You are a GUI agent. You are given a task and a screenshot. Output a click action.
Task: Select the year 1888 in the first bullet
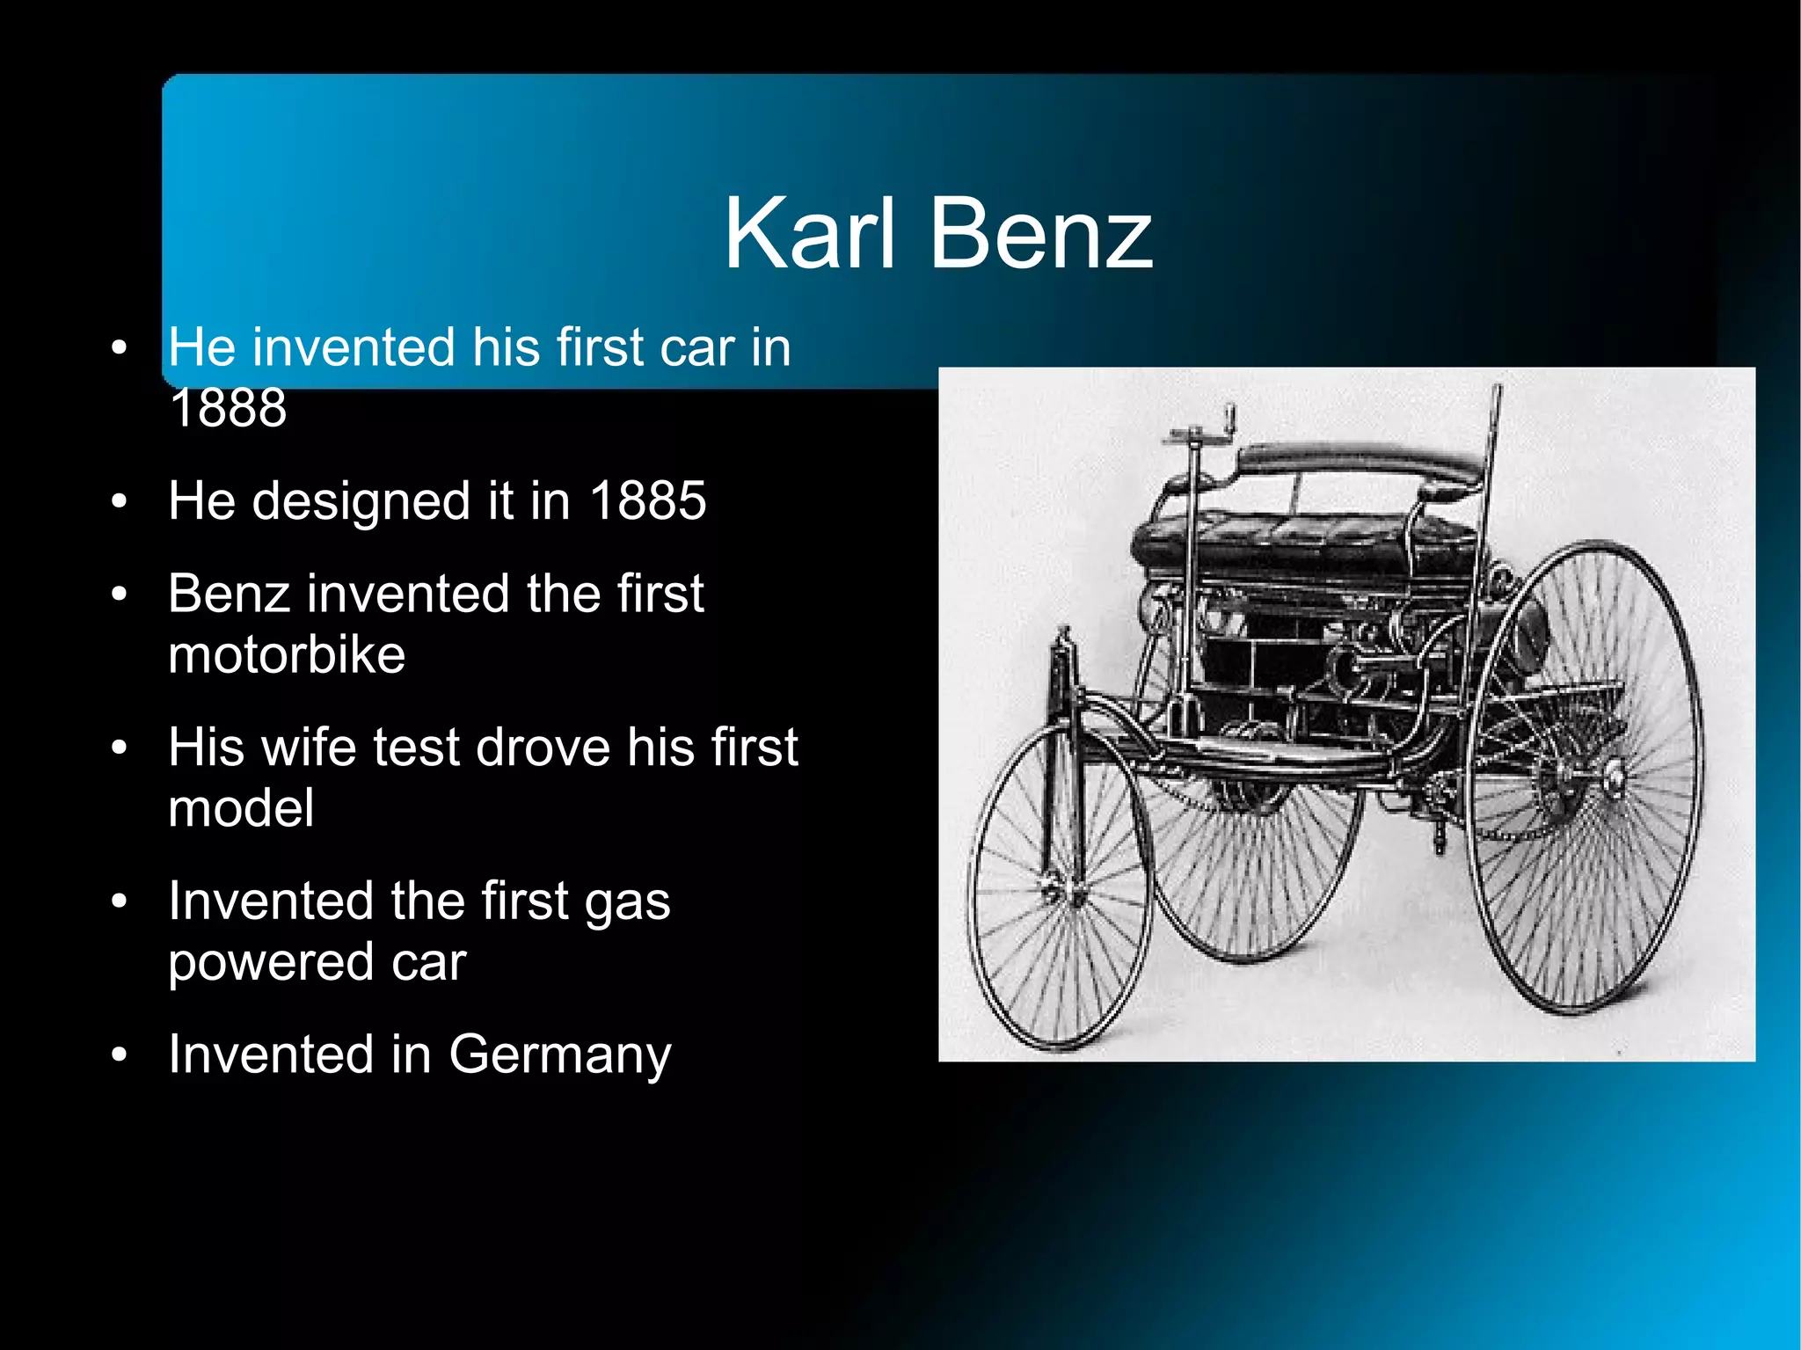(228, 408)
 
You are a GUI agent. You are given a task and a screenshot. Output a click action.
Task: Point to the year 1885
(647, 501)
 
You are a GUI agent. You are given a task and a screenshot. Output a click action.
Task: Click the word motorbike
(287, 655)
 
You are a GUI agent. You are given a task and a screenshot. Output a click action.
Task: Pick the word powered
(269, 964)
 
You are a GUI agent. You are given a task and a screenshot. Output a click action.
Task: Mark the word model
(240, 809)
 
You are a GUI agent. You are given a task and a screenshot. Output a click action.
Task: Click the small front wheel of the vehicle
(1060, 888)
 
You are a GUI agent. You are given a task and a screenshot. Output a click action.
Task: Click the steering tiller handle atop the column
(1200, 431)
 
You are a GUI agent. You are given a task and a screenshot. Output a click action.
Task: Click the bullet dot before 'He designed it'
(120, 501)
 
